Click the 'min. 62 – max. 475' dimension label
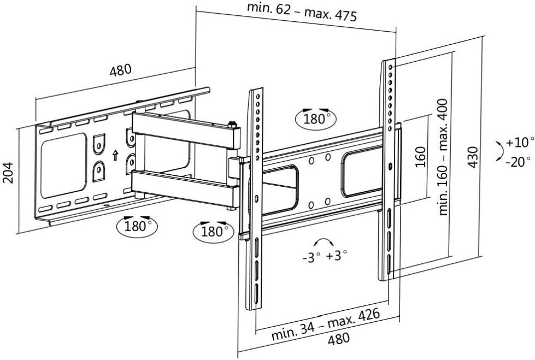pyautogui.click(x=302, y=12)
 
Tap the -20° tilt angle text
pyautogui.click(x=517, y=162)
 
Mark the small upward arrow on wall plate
pyautogui.click(x=115, y=156)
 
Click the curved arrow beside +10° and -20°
pyautogui.click(x=498, y=151)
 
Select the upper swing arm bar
pyautogui.click(x=186, y=131)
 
